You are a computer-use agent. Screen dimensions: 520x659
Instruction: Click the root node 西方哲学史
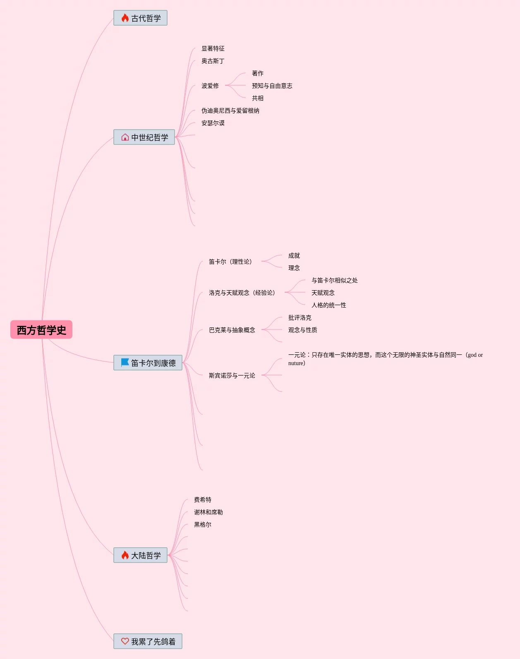pos(41,329)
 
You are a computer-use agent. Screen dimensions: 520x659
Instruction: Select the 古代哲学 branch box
pos(141,18)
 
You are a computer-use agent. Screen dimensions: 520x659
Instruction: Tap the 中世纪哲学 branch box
pos(144,137)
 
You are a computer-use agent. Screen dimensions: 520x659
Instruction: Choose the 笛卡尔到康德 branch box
pos(148,363)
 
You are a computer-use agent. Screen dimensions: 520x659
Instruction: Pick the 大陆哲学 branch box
pos(141,555)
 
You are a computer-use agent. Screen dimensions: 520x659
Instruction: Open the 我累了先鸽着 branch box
pos(148,641)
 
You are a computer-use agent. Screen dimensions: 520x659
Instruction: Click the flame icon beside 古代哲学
pos(125,18)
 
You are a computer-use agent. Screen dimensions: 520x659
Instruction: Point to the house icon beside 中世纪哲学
pos(125,137)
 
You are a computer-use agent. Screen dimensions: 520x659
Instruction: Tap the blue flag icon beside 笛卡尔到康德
pos(125,362)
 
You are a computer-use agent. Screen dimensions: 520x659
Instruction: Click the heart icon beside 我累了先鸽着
pos(125,641)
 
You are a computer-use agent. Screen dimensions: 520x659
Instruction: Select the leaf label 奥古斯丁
pos(213,61)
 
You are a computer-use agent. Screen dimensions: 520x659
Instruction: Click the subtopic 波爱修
pos(210,86)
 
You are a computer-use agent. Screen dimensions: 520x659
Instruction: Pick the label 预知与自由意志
pos(272,86)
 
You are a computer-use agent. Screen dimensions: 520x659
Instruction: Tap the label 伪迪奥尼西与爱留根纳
pos(230,111)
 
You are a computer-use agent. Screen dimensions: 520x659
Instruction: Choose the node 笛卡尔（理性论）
pos(231,262)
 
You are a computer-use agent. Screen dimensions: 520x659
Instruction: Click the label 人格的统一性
pos(328,305)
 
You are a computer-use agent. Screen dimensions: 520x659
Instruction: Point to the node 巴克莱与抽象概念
pos(232,330)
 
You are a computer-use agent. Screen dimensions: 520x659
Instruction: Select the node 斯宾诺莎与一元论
pos(232,375)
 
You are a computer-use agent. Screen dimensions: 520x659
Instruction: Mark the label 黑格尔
pos(203,524)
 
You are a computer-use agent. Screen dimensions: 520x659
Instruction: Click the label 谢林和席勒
pos(208,512)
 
